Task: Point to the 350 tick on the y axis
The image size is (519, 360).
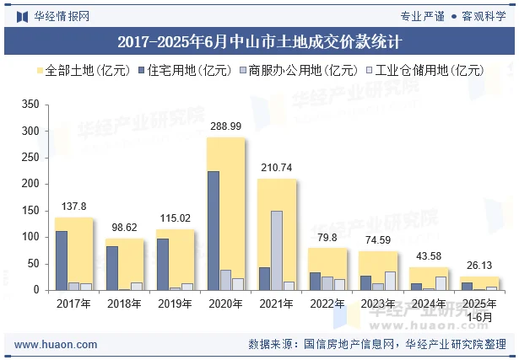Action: coord(30,105)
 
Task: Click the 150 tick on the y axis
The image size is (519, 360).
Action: coord(30,211)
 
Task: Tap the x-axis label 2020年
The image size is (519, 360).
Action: coord(226,304)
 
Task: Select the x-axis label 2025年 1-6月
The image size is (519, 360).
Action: coord(479,309)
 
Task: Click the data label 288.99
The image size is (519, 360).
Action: coord(226,126)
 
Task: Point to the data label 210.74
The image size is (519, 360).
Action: coord(277,168)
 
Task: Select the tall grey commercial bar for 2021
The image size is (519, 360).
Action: coord(277,250)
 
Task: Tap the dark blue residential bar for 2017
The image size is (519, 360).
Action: coord(62,261)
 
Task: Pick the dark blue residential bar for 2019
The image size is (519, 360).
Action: coord(163,264)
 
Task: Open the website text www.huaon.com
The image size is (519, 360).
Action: coord(57,345)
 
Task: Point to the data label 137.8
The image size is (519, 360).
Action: coord(74,207)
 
